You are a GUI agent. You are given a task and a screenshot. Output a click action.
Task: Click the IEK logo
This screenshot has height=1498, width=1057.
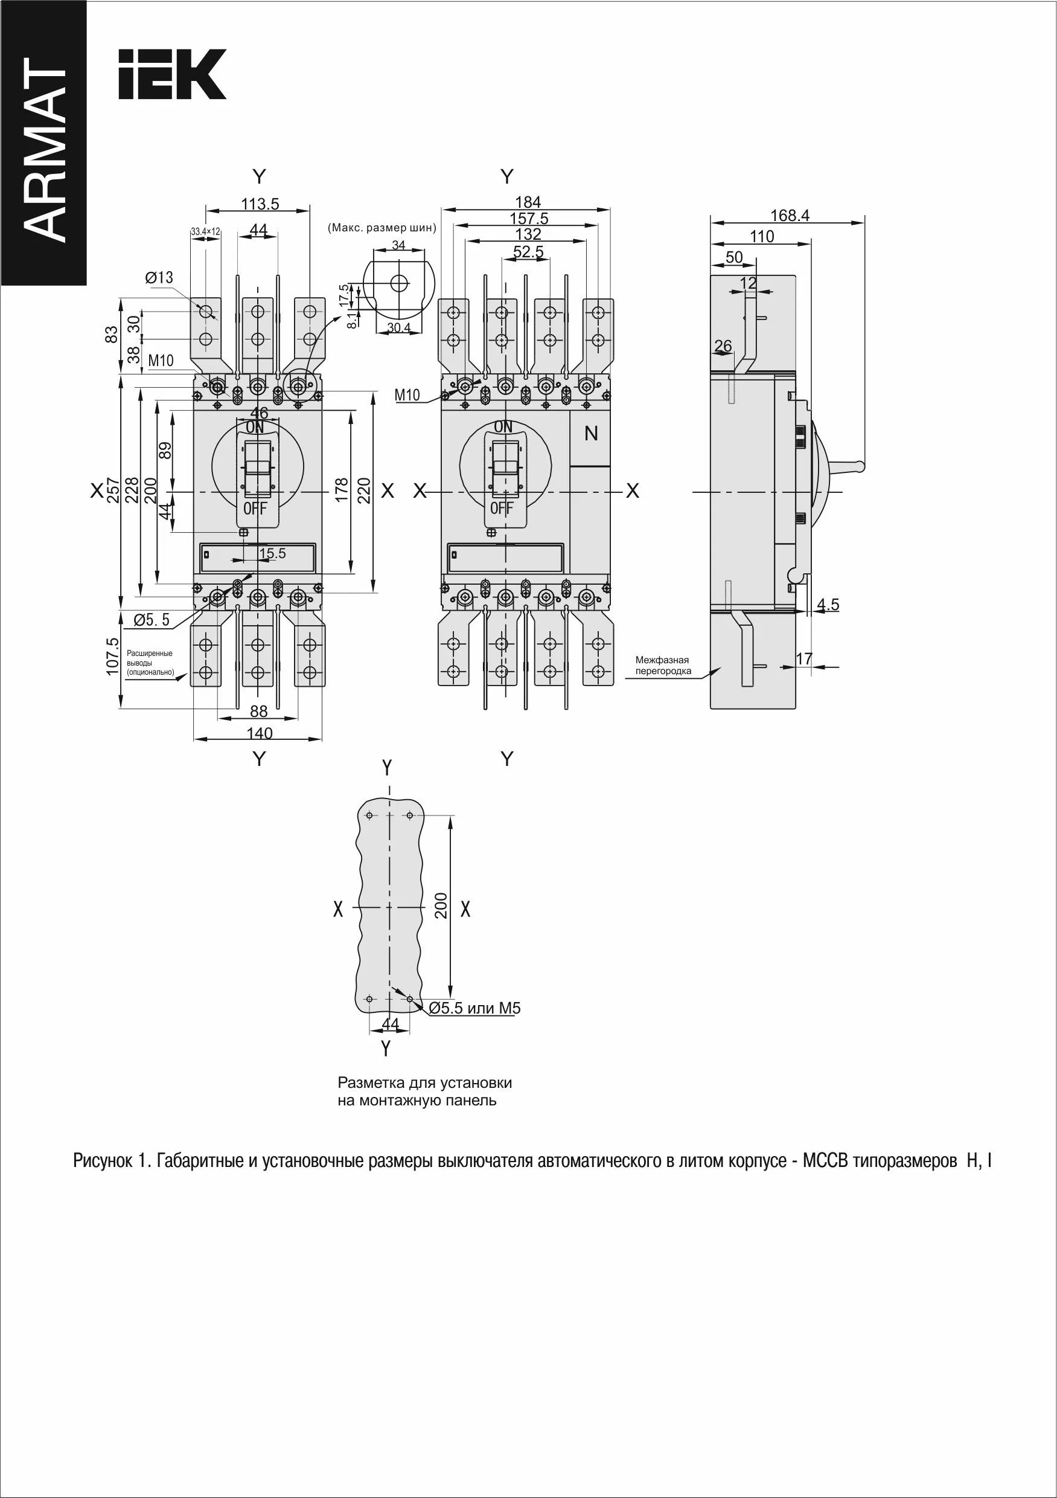pyautogui.click(x=172, y=74)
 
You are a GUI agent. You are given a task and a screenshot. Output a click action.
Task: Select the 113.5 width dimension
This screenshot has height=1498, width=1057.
pyautogui.click(x=260, y=204)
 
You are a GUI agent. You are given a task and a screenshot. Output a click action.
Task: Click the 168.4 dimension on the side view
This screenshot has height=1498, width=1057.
pyautogui.click(x=790, y=215)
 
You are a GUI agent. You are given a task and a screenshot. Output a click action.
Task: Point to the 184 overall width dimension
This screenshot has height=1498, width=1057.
pyautogui.click(x=528, y=202)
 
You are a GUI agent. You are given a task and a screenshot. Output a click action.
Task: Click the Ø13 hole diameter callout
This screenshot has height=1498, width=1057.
pyautogui.click(x=159, y=277)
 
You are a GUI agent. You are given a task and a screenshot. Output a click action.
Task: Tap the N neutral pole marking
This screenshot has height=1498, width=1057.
pyautogui.click(x=591, y=433)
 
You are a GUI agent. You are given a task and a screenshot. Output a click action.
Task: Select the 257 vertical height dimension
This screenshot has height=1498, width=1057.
pyautogui.click(x=113, y=490)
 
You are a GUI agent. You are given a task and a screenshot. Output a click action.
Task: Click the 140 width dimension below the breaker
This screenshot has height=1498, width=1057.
pyautogui.click(x=260, y=733)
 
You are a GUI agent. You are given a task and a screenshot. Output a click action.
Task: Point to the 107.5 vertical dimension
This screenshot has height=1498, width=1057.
pyautogui.click(x=113, y=657)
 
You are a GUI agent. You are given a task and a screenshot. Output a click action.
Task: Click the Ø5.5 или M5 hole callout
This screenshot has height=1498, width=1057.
pyautogui.click(x=479, y=1008)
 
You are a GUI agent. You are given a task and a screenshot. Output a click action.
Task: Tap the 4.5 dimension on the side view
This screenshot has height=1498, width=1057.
pyautogui.click(x=828, y=605)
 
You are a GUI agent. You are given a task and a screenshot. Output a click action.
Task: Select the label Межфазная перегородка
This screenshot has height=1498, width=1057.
pyautogui.click(x=662, y=666)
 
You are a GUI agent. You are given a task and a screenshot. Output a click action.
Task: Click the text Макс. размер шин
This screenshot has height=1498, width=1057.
pyautogui.click(x=382, y=228)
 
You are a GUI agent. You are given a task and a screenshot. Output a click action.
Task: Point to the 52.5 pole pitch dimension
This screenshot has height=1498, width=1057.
pyautogui.click(x=528, y=251)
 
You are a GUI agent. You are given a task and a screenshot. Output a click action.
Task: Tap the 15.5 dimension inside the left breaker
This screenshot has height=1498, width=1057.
pyautogui.click(x=273, y=553)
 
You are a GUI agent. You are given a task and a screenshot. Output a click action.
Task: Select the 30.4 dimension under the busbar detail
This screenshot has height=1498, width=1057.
pyautogui.click(x=398, y=327)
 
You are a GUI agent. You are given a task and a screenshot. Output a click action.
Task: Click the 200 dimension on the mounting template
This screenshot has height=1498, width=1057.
pyautogui.click(x=441, y=906)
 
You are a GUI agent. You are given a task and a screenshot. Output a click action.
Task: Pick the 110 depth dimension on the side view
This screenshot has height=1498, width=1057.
pyautogui.click(x=762, y=236)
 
